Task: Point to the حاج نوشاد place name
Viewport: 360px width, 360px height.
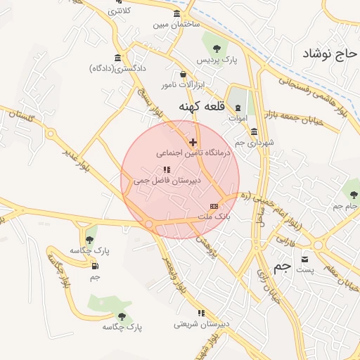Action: tap(327, 53)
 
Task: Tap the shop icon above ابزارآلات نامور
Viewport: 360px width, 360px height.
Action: tap(184, 74)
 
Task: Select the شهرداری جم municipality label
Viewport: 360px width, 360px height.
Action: tap(250, 143)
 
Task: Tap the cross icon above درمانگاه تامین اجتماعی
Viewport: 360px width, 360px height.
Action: tap(193, 141)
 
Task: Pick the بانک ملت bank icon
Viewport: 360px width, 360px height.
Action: tap(214, 206)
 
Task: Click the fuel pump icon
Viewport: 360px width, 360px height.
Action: tap(95, 266)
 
